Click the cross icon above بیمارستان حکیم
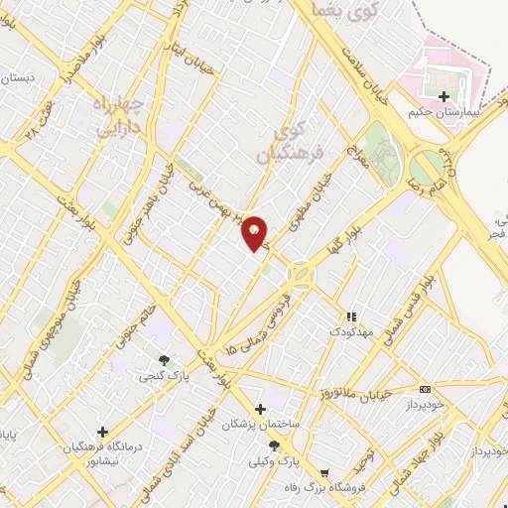[x=444, y=96]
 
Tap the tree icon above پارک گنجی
[x=164, y=360]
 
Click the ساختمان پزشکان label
[x=259, y=424]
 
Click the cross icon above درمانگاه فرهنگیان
[x=102, y=431]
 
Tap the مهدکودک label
[x=350, y=331]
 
